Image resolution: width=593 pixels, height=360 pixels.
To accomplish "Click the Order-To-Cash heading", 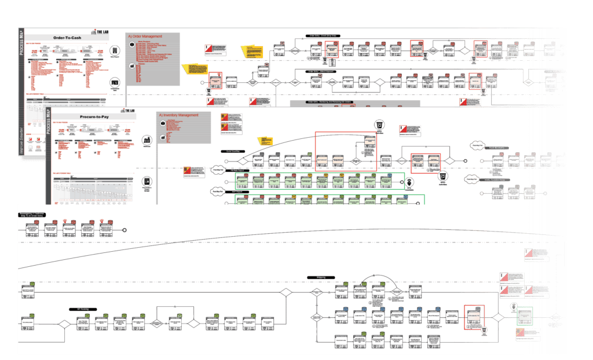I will point(68,38).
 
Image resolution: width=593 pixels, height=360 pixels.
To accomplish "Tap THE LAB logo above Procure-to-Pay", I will point(128,109).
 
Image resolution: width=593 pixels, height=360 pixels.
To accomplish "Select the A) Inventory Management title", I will point(178,115).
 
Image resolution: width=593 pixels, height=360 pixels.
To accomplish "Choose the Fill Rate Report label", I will point(240,171).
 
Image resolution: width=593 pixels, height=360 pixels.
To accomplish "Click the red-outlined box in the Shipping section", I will point(474,317).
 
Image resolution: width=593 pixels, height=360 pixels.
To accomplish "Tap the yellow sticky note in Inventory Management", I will point(265,141).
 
